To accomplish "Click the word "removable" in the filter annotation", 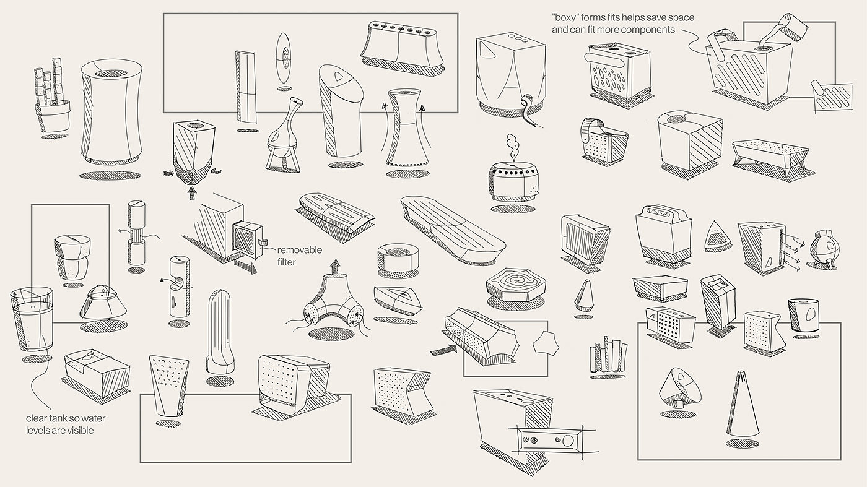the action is point(300,250).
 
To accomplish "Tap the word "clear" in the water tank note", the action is point(37,418).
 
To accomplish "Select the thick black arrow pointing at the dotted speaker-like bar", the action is point(443,350).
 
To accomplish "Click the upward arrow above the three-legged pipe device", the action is point(336,266).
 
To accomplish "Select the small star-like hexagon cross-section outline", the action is point(546,343).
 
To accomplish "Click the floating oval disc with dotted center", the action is point(284,57).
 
